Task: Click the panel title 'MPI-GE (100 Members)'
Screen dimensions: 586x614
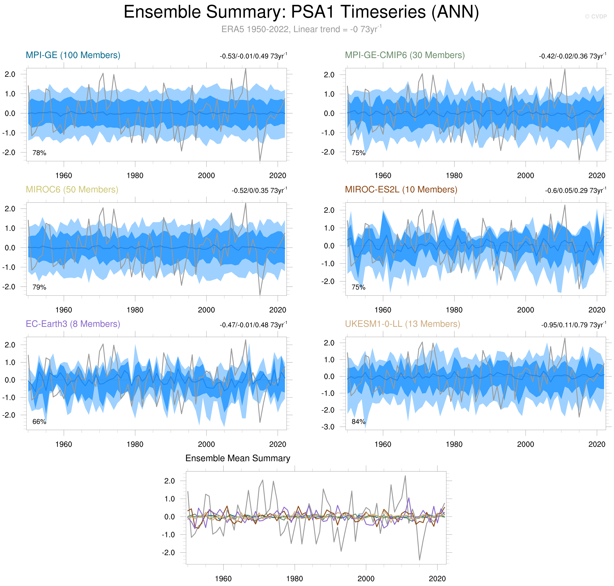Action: coord(73,55)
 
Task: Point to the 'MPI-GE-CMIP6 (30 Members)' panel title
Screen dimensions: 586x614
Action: coord(404,55)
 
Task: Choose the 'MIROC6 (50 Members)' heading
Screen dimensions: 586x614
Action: coord(72,190)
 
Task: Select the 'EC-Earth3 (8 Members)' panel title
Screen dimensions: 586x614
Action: coord(73,324)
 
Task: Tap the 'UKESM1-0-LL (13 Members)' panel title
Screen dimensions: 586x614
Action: coord(402,324)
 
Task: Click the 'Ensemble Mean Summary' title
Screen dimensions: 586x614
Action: coord(238,458)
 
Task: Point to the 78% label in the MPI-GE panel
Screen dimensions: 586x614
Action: coord(39,153)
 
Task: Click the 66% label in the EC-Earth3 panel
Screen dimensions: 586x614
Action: coord(39,422)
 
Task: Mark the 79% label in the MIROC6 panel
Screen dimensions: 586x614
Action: coord(39,287)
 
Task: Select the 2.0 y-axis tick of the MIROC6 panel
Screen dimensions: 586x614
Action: coord(10,209)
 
